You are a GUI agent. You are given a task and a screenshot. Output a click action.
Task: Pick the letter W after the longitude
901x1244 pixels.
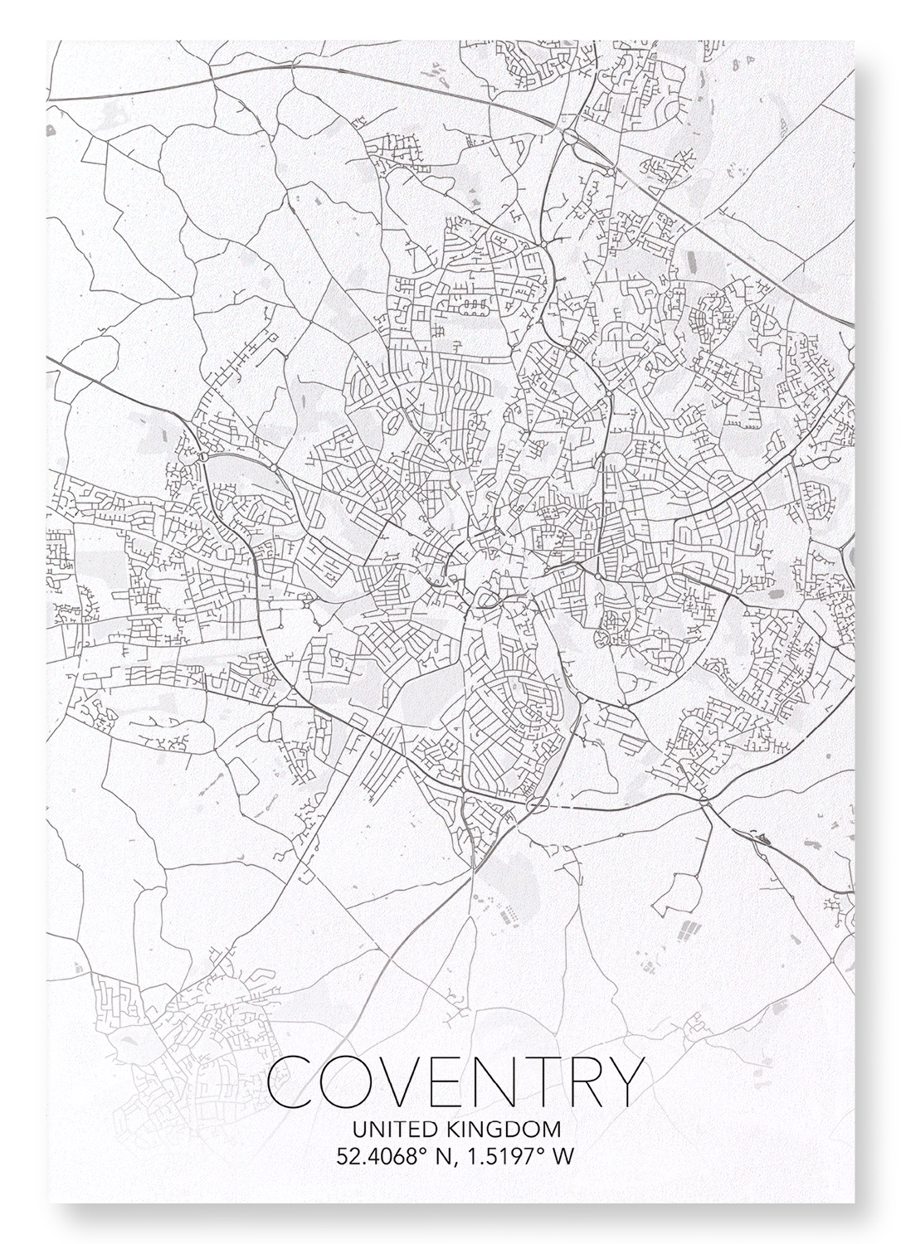(563, 1156)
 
